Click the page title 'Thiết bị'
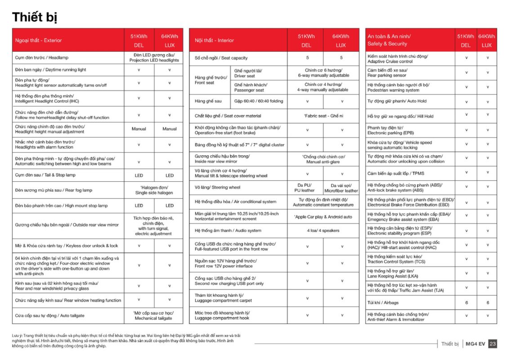34,17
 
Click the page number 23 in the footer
492,344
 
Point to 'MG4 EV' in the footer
475,344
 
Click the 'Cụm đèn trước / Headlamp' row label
41,58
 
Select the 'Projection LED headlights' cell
154,58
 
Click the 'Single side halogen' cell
154,190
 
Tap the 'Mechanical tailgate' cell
153,315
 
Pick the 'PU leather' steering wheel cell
304,188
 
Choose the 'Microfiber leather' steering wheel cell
341,188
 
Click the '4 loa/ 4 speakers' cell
323,230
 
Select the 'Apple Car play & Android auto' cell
323,216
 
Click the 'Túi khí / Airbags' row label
383,302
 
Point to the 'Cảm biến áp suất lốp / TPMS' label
396,173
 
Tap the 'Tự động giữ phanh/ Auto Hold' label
397,101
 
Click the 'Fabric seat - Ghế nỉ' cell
323,116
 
